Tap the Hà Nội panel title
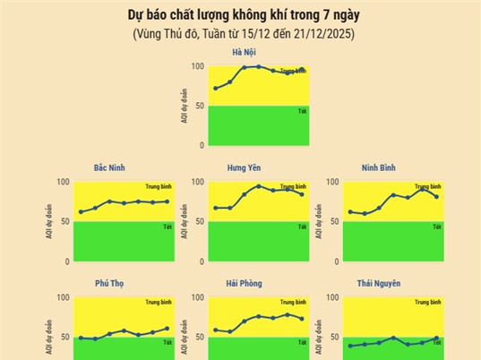click(x=244, y=53)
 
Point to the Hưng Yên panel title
click(x=244, y=168)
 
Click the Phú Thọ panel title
click(x=110, y=284)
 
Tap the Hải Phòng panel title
click(x=244, y=284)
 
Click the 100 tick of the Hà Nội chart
click(x=197, y=66)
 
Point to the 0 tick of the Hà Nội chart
click(x=202, y=145)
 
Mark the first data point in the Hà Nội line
click(x=216, y=88)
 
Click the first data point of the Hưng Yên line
click(x=216, y=208)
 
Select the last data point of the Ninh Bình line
click(x=436, y=196)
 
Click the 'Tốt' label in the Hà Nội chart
click(x=302, y=111)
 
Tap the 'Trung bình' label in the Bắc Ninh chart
click(x=158, y=186)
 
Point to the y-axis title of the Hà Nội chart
click(x=184, y=106)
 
